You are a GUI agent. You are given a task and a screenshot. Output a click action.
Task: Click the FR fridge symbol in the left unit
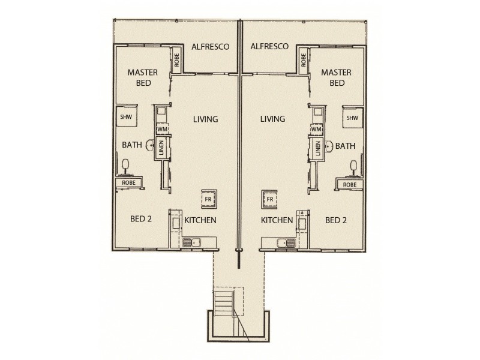pos(209,199)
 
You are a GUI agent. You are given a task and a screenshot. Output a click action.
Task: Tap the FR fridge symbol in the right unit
pos(269,199)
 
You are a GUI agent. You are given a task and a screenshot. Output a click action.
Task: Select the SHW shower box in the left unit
pos(127,116)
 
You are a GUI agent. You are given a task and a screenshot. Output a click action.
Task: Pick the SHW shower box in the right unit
pos(353,118)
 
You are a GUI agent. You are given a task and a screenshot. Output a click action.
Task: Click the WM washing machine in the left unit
pos(163,129)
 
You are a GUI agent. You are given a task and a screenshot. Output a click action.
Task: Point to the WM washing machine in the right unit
pos(317,129)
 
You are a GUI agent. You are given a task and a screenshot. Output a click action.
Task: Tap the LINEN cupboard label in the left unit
pos(161,148)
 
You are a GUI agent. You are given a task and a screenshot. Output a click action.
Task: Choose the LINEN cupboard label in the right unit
pos(318,148)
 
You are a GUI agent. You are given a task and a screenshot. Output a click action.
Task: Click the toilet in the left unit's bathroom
pos(125,167)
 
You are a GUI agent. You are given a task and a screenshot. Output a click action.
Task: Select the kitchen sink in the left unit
pos(191,243)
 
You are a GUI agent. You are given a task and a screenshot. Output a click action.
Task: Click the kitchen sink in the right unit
pos(287,243)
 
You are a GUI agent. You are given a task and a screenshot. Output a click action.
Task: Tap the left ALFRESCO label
pos(211,47)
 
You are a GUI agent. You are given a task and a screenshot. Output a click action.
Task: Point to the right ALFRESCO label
pos(269,47)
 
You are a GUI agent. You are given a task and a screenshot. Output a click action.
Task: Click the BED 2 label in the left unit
pos(141,219)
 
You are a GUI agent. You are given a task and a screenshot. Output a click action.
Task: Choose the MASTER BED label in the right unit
pos(337,78)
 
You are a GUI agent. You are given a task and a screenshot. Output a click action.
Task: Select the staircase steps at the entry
pos(224,303)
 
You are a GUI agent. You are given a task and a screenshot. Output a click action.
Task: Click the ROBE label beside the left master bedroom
pos(176,61)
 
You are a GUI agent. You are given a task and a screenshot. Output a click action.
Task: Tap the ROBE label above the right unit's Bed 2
pos(350,185)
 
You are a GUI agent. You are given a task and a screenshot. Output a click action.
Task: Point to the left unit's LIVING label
pos(205,119)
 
